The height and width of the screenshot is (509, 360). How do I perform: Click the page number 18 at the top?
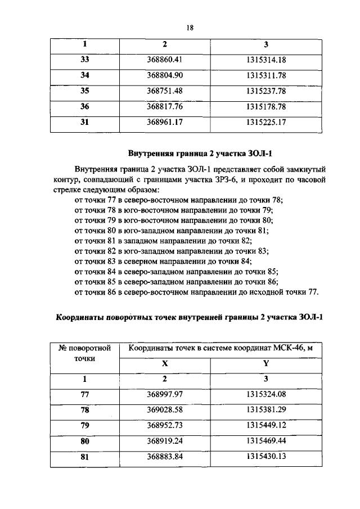[x=190, y=25]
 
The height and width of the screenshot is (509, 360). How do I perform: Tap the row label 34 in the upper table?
[x=85, y=75]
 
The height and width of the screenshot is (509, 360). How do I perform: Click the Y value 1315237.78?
[x=266, y=91]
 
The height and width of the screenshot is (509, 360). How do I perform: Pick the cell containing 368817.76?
[x=165, y=106]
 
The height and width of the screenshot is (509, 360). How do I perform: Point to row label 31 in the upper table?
[x=85, y=121]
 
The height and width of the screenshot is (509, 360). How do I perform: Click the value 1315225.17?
[x=266, y=121]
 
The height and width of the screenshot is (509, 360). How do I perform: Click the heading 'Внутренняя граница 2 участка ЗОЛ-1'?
[x=188, y=152]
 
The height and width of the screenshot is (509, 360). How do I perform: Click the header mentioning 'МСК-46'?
[x=220, y=349]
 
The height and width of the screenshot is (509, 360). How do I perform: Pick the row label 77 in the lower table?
[x=85, y=395]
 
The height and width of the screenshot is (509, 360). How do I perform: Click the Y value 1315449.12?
[x=266, y=425]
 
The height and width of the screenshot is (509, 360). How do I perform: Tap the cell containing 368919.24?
[x=165, y=440]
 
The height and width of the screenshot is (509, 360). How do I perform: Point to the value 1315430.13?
[x=266, y=456]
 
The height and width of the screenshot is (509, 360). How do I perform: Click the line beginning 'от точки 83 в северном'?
[x=163, y=262]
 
